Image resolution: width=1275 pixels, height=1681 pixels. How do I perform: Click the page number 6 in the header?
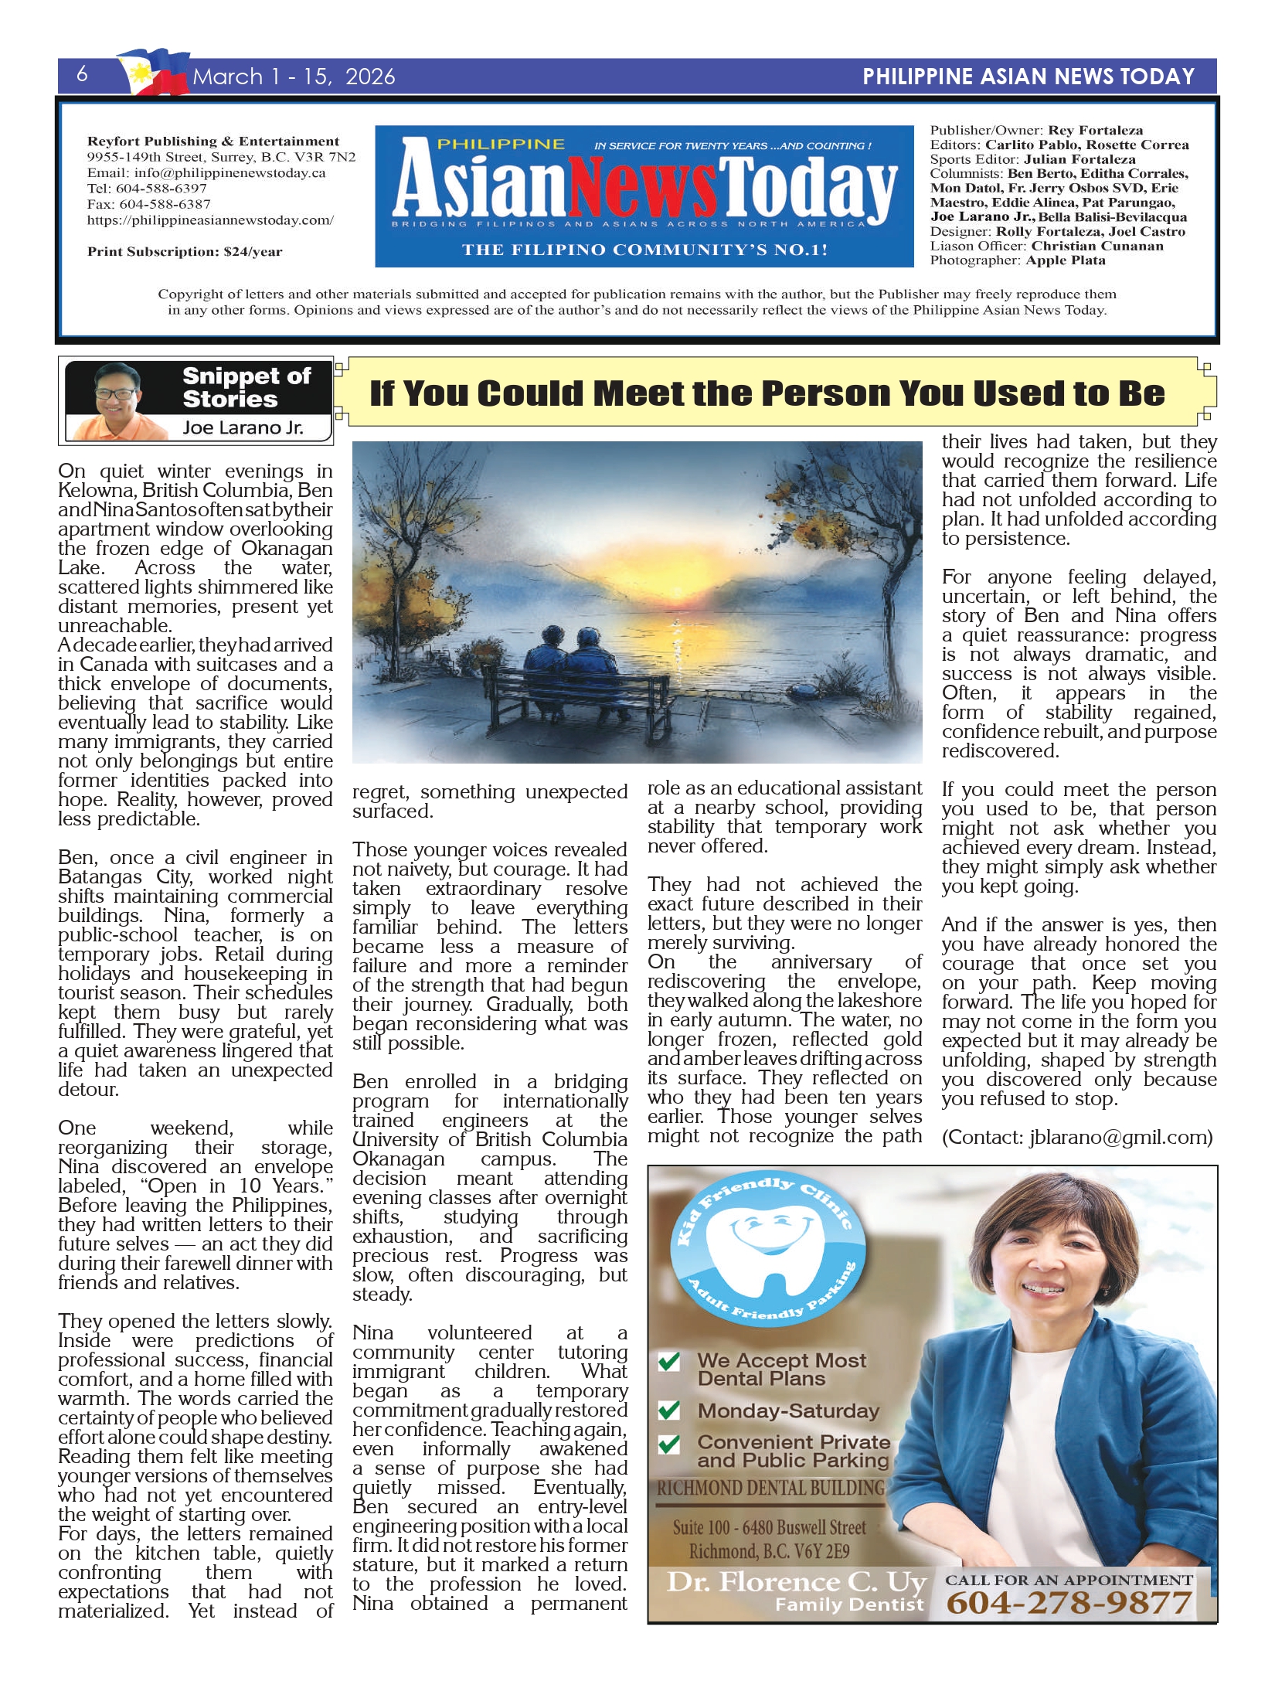pyautogui.click(x=82, y=74)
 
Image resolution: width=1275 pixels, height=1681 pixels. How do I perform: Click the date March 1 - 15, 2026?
pyautogui.click(x=294, y=77)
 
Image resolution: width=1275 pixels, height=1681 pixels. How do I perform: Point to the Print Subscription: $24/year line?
pyautogui.click(x=185, y=251)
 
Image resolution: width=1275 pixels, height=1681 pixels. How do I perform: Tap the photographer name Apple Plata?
pyautogui.click(x=1066, y=260)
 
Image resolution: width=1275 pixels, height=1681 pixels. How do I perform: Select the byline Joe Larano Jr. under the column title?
pyautogui.click(x=243, y=427)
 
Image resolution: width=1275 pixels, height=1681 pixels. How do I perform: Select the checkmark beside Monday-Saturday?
pyautogui.click(x=669, y=1410)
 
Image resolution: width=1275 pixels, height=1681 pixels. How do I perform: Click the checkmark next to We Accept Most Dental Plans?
pyautogui.click(x=669, y=1361)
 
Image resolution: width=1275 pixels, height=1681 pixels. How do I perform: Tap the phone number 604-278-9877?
pyautogui.click(x=1069, y=1604)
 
